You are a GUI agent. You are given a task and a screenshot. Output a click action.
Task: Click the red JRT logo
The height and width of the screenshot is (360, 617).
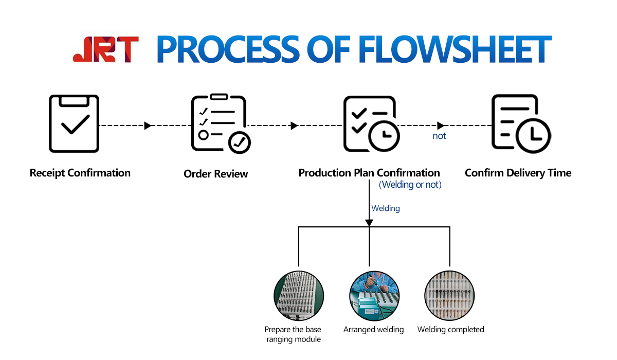[105, 49]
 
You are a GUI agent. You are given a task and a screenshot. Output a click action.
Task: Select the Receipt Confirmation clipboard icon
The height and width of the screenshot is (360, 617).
[74, 123]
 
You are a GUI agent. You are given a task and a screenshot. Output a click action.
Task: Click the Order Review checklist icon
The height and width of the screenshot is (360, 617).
[220, 123]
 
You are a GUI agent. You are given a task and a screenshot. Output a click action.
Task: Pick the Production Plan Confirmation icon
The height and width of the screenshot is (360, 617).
[371, 124]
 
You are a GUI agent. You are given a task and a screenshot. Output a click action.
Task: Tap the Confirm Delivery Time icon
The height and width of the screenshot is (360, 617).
[520, 124]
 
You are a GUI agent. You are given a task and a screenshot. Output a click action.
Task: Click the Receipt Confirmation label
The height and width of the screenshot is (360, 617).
[80, 173]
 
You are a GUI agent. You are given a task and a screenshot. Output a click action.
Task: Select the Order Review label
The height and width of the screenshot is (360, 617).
[215, 174]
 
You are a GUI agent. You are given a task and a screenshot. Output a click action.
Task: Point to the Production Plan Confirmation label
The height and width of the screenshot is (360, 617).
[369, 173]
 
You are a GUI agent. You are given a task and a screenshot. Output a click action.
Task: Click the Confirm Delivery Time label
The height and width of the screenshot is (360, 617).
[518, 173]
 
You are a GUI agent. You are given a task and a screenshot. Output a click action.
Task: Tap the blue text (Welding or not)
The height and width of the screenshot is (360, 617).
[410, 185]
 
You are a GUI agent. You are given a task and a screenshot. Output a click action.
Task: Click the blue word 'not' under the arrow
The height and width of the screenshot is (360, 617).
[439, 136]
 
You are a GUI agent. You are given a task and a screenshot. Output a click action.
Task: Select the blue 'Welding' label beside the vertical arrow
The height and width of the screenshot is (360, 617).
[386, 208]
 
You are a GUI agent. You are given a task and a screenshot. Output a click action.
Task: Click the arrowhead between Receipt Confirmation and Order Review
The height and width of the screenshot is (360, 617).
[148, 125]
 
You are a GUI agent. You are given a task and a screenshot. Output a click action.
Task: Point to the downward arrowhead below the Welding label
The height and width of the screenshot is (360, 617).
[369, 222]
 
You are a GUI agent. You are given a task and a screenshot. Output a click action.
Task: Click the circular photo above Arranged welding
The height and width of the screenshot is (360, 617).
[374, 296]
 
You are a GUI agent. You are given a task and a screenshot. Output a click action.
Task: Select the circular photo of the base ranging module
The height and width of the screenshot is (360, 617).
[299, 296]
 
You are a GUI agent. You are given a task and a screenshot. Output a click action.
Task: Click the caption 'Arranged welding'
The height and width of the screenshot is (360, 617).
[374, 329]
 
